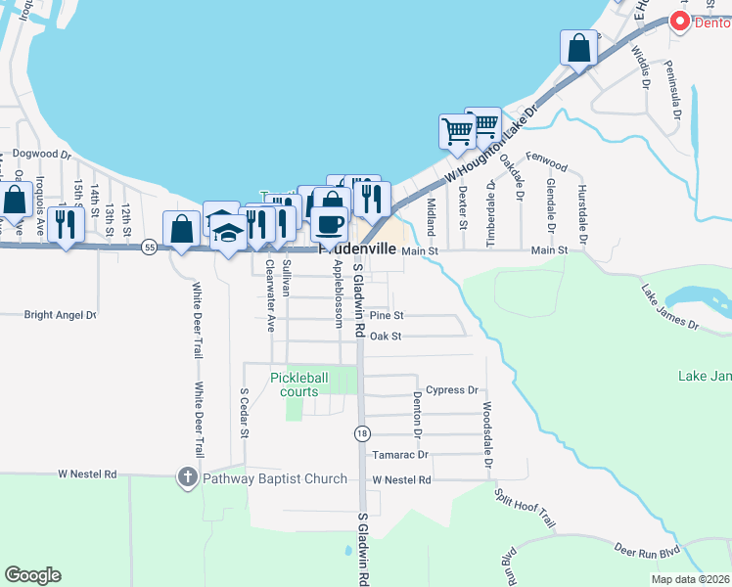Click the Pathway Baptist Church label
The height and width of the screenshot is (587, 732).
click(x=276, y=478)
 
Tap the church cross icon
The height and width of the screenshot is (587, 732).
click(x=187, y=478)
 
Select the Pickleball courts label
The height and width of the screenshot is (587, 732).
click(x=307, y=384)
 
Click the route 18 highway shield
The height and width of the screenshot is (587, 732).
click(x=362, y=432)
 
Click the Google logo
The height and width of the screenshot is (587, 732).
click(x=32, y=575)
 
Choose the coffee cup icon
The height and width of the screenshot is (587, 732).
click(x=329, y=224)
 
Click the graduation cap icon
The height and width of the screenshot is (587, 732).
click(x=229, y=234)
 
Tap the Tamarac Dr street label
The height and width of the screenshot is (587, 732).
click(x=400, y=455)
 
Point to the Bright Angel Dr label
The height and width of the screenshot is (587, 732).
click(x=61, y=315)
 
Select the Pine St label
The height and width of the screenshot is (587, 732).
click(x=387, y=316)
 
